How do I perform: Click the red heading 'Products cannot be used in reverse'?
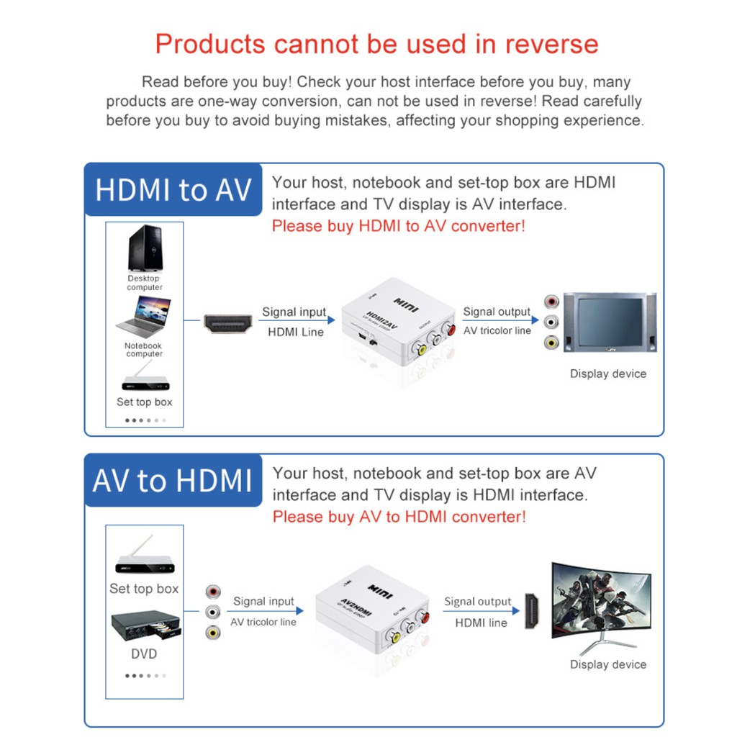tap(376, 44)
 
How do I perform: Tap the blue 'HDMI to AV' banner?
tap(173, 190)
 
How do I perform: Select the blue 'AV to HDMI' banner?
tap(173, 481)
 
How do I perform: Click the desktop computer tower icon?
tap(145, 248)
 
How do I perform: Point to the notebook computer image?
tap(145, 317)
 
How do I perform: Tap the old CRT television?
tap(609, 322)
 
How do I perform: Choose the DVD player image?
tap(145, 626)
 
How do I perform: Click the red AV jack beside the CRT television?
tap(551, 302)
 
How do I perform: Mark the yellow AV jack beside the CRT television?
tap(551, 343)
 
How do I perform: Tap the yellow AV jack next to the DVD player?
tap(212, 632)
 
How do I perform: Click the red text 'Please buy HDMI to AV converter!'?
tap(398, 226)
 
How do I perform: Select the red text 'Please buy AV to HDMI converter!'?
tap(399, 517)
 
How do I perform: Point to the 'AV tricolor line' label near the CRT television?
tap(497, 331)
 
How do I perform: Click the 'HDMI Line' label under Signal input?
tap(296, 332)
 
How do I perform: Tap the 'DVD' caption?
tap(144, 654)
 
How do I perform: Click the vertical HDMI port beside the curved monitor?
tap(531, 611)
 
